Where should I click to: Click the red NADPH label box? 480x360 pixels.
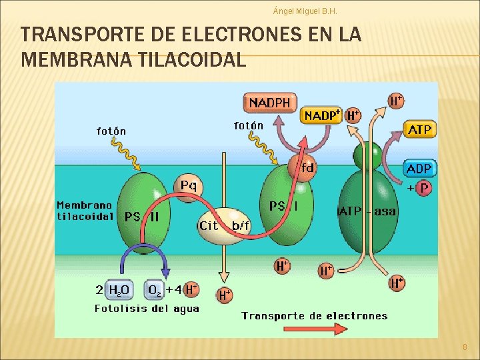pyautogui.click(x=269, y=103)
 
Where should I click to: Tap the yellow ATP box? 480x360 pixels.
pyautogui.click(x=419, y=129)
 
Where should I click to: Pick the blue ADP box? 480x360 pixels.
pyautogui.click(x=419, y=168)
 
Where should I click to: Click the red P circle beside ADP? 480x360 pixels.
pyautogui.click(x=424, y=189)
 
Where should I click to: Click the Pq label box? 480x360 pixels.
pyautogui.click(x=189, y=185)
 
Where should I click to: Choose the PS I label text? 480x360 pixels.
pyautogui.click(x=283, y=206)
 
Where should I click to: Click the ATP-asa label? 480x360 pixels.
pyautogui.click(x=367, y=211)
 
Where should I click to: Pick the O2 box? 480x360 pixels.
pyautogui.click(x=155, y=289)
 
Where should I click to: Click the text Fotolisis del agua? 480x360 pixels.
pyautogui.click(x=147, y=309)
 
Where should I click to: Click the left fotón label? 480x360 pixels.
pyautogui.click(x=111, y=131)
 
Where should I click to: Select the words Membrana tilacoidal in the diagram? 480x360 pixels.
pyautogui.click(x=85, y=211)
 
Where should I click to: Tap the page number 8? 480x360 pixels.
pyautogui.click(x=465, y=347)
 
